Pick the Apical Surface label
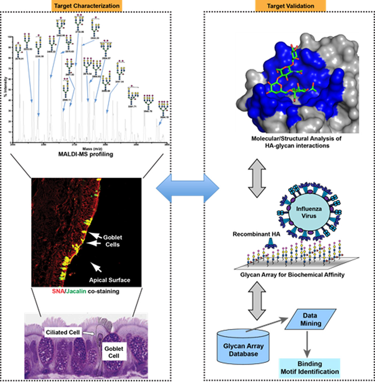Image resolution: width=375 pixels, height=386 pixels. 110,280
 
